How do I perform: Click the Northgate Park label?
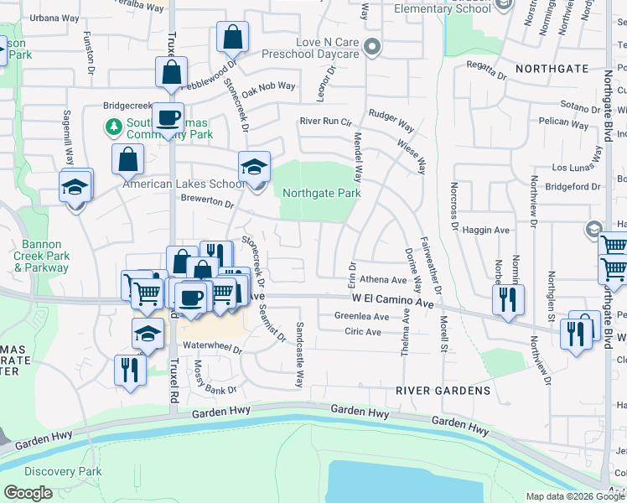tap(321, 193)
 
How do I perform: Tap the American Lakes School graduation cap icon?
tap(254, 167)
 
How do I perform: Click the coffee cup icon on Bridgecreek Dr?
tap(168, 118)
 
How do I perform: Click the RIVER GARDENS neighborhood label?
tap(443, 391)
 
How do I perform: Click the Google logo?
tap(28, 493)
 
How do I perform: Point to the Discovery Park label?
tap(63, 471)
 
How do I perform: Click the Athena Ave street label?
tap(381, 280)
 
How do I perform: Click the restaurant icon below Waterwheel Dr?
tap(129, 370)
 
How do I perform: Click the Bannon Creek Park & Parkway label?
tap(40, 257)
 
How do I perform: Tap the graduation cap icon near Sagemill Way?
tap(75, 187)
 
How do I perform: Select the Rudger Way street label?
tap(391, 120)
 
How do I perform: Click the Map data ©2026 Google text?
tap(575, 496)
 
